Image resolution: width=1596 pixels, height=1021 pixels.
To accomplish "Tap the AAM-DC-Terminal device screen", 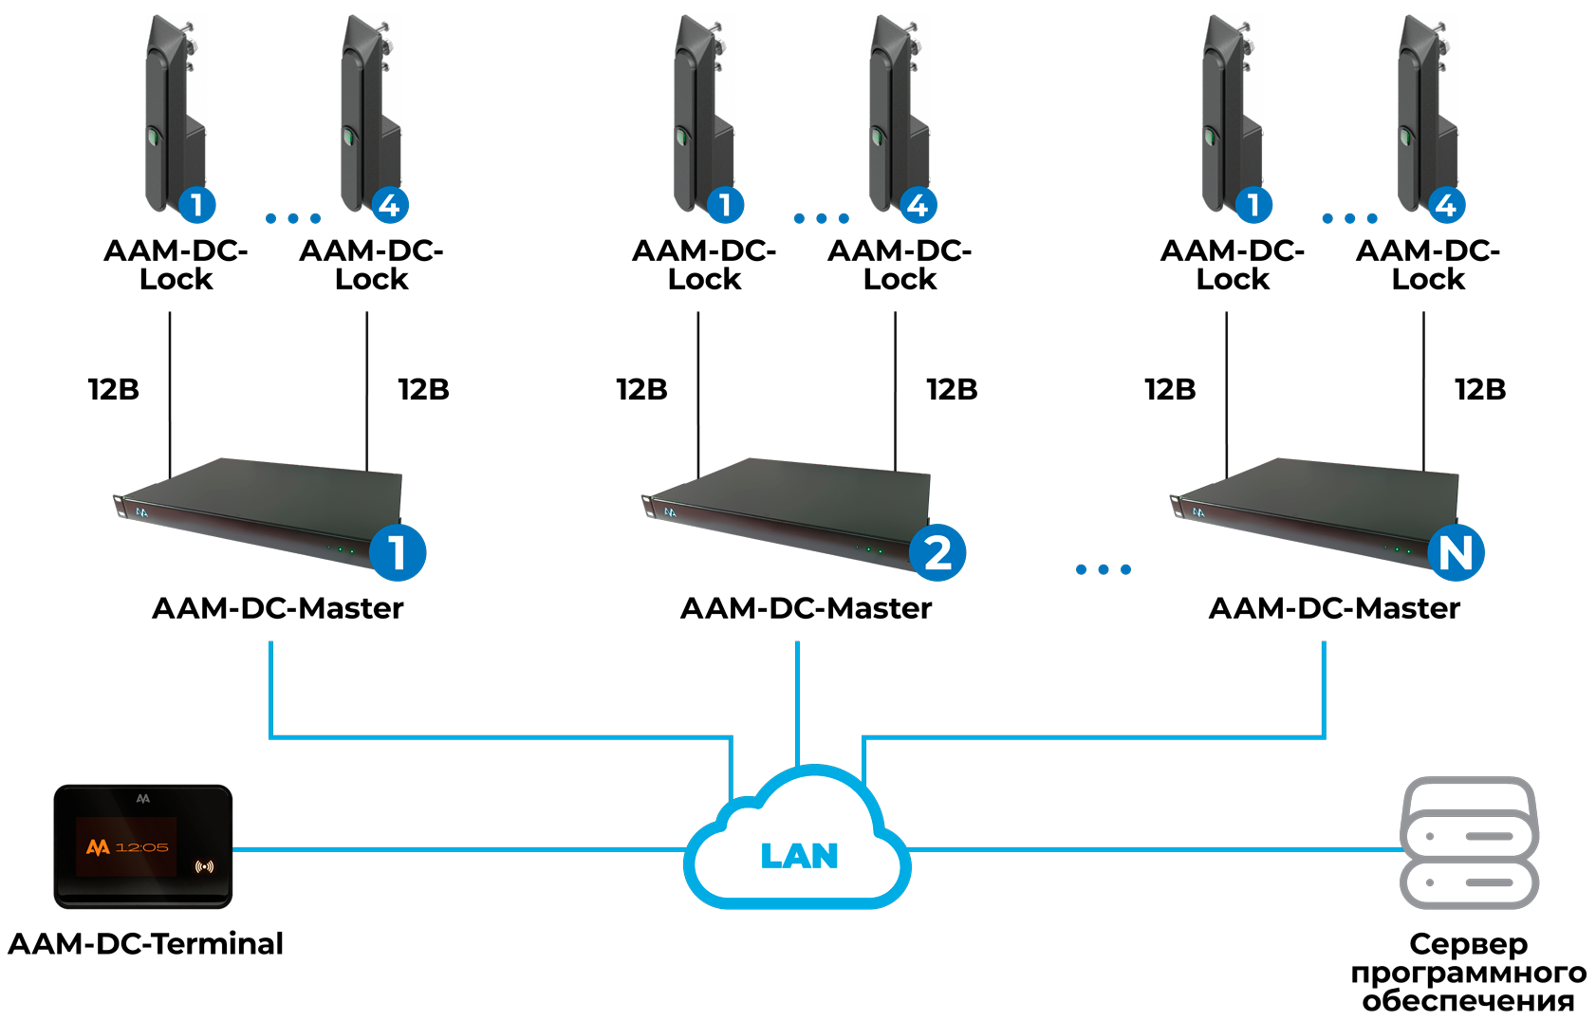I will [x=126, y=845].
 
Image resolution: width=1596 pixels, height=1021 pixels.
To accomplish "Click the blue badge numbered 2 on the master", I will [x=937, y=552].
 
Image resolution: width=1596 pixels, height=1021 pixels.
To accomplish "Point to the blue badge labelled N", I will [x=1457, y=552].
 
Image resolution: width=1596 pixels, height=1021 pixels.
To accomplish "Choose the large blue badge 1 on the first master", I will [x=398, y=552].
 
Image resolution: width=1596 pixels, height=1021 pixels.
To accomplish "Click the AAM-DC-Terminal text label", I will [x=145, y=943].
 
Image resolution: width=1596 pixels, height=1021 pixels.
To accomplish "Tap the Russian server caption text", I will [x=1469, y=972].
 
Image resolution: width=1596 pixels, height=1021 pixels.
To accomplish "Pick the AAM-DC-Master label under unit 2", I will [x=806, y=607].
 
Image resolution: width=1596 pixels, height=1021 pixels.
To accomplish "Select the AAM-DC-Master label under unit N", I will [x=1334, y=607].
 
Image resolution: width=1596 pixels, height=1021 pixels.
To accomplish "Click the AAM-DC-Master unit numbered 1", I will [x=256, y=512].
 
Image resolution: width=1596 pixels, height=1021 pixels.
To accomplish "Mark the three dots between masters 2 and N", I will [x=1104, y=569].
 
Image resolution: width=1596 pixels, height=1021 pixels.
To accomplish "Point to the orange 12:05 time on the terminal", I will [x=141, y=846].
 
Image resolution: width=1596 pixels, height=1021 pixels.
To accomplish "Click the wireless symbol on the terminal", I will [x=204, y=865].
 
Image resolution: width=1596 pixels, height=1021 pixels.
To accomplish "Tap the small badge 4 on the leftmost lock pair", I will [x=390, y=205].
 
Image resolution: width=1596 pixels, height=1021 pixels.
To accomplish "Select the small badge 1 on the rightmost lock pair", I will [x=1253, y=205].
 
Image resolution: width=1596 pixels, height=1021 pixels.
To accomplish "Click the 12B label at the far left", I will [x=114, y=389].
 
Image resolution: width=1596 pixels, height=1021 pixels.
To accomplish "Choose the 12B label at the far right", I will [x=1480, y=389].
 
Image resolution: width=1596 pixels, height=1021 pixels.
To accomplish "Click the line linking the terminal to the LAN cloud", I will [x=455, y=849].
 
